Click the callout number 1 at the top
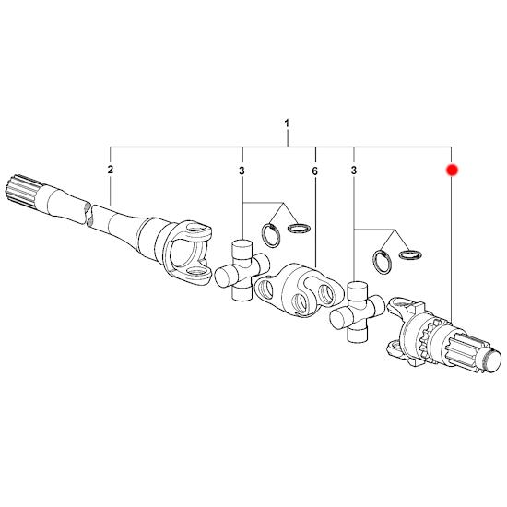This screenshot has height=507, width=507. [x=287, y=124]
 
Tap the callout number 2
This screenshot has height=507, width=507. [x=111, y=169]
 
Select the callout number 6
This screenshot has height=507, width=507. [x=315, y=171]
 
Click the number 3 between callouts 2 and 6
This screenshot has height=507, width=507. [x=242, y=171]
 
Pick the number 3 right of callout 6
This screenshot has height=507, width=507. [x=354, y=171]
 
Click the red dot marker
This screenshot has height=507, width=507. [x=452, y=170]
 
